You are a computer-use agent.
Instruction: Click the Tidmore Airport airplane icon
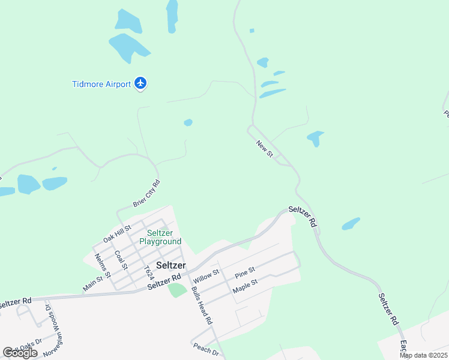pyautogui.click(x=140, y=83)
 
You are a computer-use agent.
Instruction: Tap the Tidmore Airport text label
pyautogui.click(x=101, y=85)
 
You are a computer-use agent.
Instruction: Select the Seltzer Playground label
pyautogui.click(x=160, y=237)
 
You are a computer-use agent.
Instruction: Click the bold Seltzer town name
pyautogui.click(x=171, y=265)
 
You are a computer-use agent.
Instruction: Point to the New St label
pyautogui.click(x=264, y=149)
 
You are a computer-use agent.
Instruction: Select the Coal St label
pyautogui.click(x=121, y=260)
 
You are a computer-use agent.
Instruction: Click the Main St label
pyautogui.click(x=93, y=283)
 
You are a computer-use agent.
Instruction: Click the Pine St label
pyautogui.click(x=245, y=273)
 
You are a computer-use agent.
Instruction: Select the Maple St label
pyautogui.click(x=245, y=286)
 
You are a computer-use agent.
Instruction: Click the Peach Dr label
pyautogui.click(x=206, y=349)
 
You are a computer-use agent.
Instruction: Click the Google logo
pyautogui.click(x=20, y=353)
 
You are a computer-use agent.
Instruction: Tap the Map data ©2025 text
pyautogui.click(x=424, y=355)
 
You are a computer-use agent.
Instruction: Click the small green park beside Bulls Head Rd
pyautogui.click(x=176, y=290)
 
